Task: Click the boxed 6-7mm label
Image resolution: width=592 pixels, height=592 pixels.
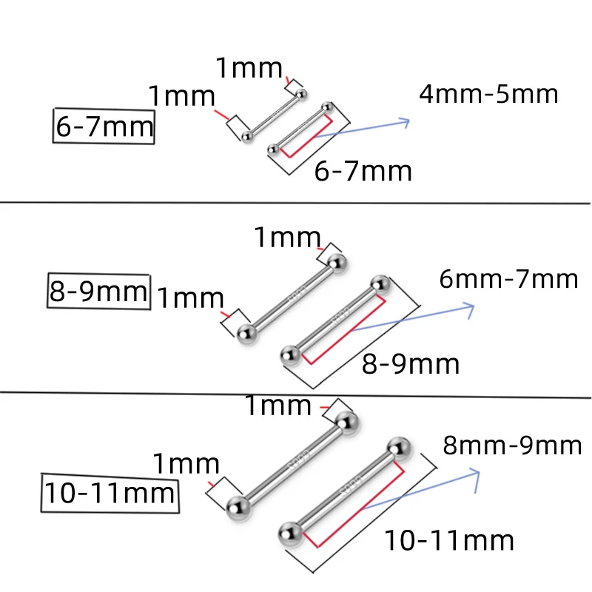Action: [x=104, y=128]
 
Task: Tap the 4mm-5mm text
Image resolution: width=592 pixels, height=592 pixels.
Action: [x=488, y=95]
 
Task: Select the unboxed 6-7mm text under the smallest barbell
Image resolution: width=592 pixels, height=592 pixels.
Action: [x=363, y=171]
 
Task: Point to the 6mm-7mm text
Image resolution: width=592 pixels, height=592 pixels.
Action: [x=508, y=280]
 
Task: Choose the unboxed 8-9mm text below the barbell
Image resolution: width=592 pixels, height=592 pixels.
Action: [x=411, y=363]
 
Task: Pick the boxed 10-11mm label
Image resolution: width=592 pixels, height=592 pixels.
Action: [x=110, y=492]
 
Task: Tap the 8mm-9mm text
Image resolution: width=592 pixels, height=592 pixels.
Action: [x=512, y=445]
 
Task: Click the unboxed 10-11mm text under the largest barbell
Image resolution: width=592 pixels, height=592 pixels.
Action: [x=448, y=540]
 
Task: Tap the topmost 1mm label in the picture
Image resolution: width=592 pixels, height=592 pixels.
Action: [x=249, y=69]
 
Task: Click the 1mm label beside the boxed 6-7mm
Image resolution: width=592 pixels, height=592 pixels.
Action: [x=181, y=96]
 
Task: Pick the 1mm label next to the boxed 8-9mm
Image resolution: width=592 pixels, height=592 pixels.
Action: [x=190, y=298]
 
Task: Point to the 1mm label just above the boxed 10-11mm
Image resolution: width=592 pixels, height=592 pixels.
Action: [x=186, y=464]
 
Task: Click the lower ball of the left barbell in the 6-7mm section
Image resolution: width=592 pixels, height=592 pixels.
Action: [x=246, y=135]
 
